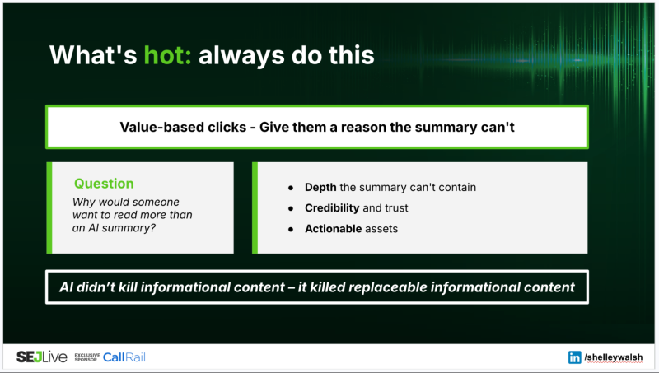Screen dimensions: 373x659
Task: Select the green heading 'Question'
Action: pyautogui.click(x=104, y=184)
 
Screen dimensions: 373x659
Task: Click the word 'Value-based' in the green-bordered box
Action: pyautogui.click(x=155, y=127)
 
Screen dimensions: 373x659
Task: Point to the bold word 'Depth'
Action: pyautogui.click(x=320, y=187)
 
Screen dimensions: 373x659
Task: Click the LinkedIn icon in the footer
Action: pyautogui.click(x=574, y=357)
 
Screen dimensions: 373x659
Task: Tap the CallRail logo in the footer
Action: pyautogui.click(x=124, y=357)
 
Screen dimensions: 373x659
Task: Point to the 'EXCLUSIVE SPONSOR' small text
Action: pyautogui.click(x=86, y=357)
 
